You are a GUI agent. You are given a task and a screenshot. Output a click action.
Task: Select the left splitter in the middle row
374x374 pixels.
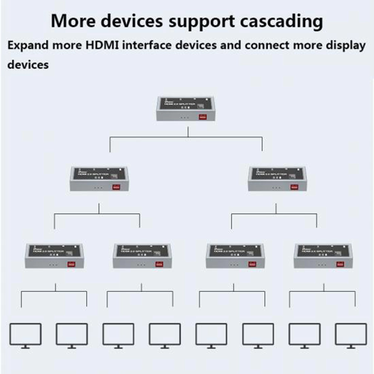tap(99, 179)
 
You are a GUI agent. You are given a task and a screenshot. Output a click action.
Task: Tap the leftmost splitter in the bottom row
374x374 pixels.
tap(55, 256)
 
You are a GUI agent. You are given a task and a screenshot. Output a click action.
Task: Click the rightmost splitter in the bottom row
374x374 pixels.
tap(324, 256)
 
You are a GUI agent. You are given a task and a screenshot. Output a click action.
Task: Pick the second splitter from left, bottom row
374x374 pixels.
tap(142, 256)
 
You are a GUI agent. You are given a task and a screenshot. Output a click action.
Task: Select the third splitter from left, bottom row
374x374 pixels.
tap(235, 256)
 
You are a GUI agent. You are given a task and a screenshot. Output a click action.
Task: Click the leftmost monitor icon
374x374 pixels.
tap(25, 335)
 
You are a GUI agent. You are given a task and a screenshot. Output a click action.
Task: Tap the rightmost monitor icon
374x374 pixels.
tap(351, 335)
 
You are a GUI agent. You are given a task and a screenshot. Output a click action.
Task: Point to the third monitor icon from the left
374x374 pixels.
tap(118, 335)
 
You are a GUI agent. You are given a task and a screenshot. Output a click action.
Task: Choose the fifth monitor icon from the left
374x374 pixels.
tap(211, 335)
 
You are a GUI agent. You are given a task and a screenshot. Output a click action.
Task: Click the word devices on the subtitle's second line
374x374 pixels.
tap(28, 65)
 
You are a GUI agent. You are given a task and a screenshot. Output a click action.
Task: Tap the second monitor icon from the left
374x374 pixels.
tap(72, 335)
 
